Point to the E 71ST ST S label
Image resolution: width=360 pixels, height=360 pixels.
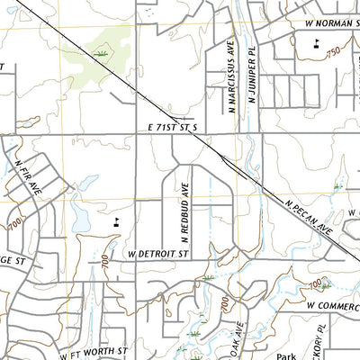pos(172,129)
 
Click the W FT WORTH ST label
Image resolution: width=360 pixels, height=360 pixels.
pos(95,351)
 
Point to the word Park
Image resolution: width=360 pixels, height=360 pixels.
pos(286,355)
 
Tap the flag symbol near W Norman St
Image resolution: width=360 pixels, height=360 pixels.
pos(316,41)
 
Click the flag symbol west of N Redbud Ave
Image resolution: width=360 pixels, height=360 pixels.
pos(118,218)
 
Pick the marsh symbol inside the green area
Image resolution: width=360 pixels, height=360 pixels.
pos(103,56)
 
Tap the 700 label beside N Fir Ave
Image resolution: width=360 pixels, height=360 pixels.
pos(13,221)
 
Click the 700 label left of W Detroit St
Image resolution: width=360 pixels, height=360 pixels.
pos(104,263)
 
